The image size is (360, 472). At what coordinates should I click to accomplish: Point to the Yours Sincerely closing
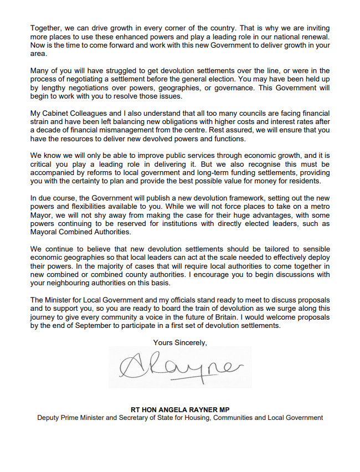[180, 342]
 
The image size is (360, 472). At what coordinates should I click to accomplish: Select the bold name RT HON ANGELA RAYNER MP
[179, 409]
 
